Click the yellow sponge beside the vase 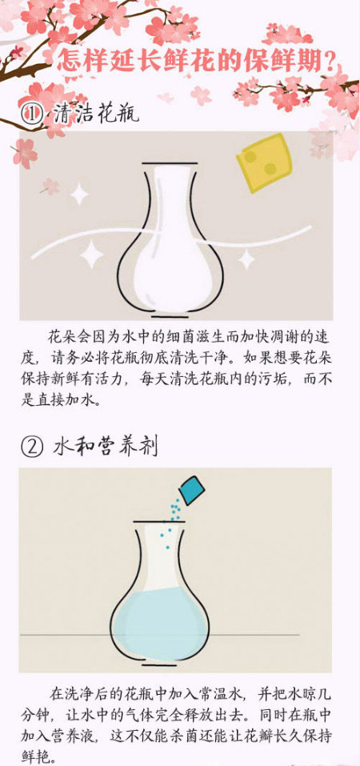click(x=264, y=162)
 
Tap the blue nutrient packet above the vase click(x=191, y=490)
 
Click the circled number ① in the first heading click(x=31, y=115)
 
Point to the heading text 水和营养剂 click(x=105, y=446)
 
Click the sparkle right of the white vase click(x=246, y=259)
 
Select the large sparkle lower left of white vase click(x=91, y=255)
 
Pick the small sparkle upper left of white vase click(x=79, y=195)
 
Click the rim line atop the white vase click(x=170, y=163)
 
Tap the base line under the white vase click(x=169, y=315)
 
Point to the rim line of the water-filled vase click(x=160, y=522)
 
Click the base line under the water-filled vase click(x=159, y=665)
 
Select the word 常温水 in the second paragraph click(x=217, y=694)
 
